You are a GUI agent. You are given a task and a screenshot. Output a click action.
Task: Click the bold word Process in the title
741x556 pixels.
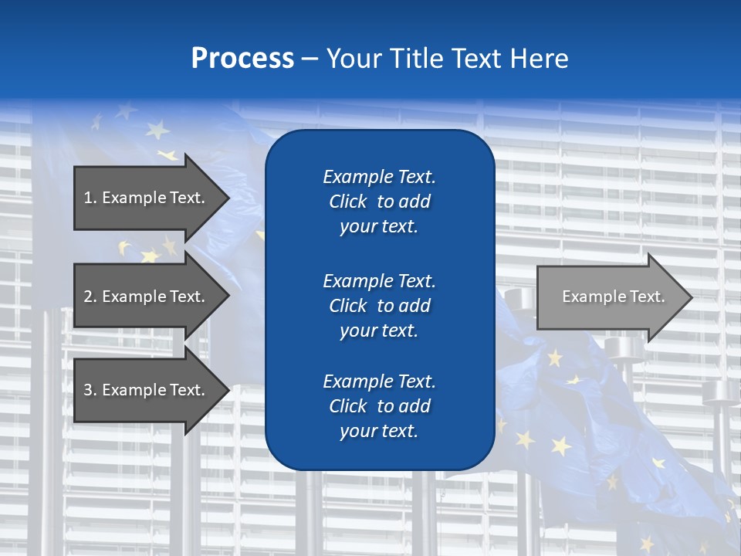click(x=242, y=59)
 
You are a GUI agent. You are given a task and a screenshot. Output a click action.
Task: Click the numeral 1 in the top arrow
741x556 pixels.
click(x=87, y=198)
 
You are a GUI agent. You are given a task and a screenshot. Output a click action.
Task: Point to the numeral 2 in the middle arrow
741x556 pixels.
click(x=88, y=297)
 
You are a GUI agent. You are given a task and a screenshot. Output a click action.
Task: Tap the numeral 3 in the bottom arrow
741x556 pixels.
click(x=88, y=390)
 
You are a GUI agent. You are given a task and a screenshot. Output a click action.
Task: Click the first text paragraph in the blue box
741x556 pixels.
click(x=379, y=202)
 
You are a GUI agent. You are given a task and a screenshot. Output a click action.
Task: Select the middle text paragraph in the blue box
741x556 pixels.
click(x=379, y=305)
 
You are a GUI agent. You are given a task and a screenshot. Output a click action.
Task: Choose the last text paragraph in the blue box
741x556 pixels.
click(x=379, y=406)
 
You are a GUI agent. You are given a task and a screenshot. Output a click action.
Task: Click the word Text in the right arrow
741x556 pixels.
click(x=647, y=297)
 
